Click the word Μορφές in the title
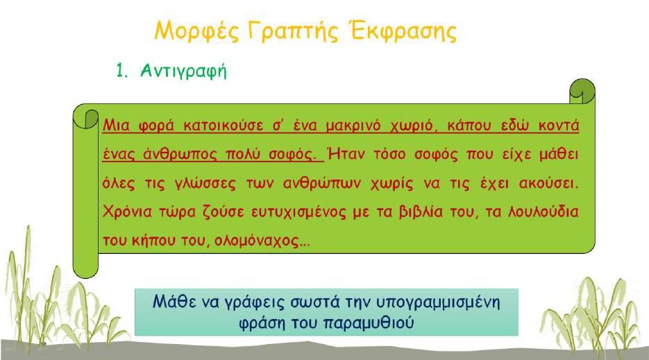tap(196, 31)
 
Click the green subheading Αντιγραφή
tap(183, 71)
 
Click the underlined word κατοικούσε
tap(223, 125)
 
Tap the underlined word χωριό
tap(414, 126)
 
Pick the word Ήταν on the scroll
tap(346, 154)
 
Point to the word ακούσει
tap(548, 183)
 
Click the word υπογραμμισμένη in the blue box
tap(438, 302)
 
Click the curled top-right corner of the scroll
tap(582, 92)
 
